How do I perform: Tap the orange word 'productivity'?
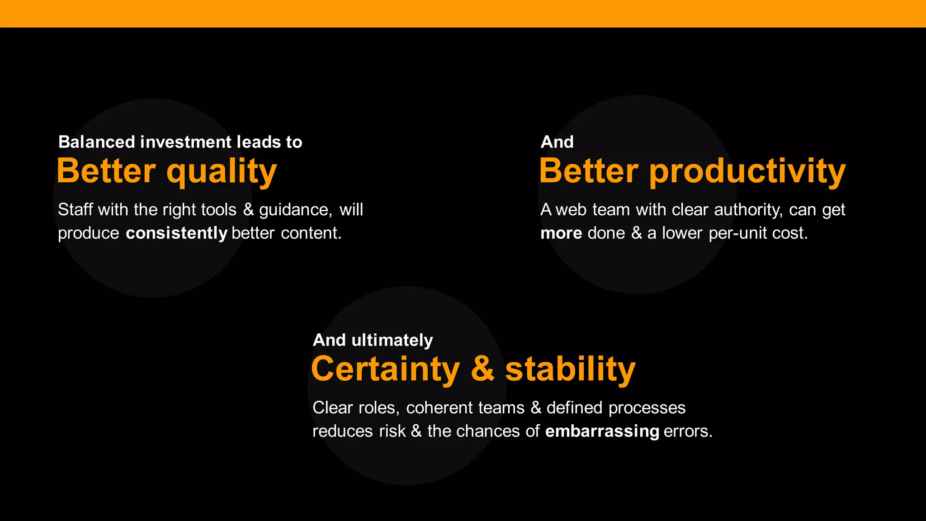[747, 172]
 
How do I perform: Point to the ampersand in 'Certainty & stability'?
[482, 369]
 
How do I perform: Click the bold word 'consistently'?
[176, 233]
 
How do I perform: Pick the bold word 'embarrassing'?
[602, 431]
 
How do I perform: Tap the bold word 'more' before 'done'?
[561, 233]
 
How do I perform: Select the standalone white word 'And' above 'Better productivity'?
[557, 142]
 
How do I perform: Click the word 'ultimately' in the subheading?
[392, 340]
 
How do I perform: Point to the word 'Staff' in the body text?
[75, 210]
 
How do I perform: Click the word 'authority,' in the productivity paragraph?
[748, 210]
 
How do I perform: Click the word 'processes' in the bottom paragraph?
[647, 408]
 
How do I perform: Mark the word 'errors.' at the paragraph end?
[688, 431]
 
